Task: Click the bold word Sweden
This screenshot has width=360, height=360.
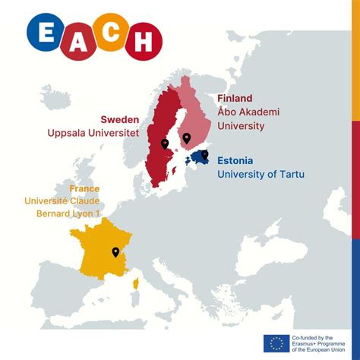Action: click(120, 119)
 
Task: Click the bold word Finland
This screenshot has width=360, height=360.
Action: click(235, 99)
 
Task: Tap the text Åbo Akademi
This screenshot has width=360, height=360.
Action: click(248, 112)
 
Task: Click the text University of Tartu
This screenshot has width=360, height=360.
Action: click(261, 175)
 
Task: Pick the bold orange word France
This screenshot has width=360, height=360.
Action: click(84, 188)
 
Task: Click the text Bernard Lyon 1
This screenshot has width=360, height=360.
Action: click(68, 213)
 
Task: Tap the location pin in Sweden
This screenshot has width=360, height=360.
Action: click(164, 144)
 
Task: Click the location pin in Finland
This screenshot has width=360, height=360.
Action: click(186, 138)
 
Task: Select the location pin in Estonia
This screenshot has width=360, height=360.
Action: click(204, 155)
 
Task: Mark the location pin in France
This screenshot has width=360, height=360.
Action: click(115, 252)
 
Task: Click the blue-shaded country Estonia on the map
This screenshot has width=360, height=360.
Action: click(198, 158)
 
